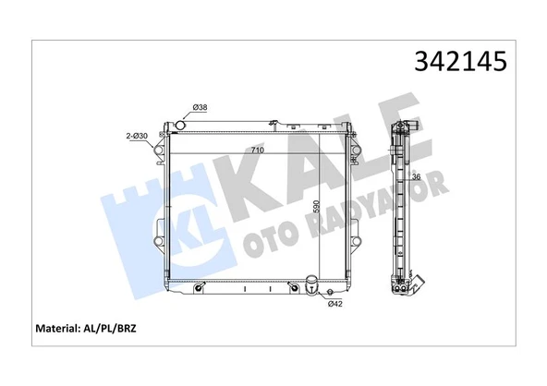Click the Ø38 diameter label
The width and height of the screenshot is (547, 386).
(x=201, y=108)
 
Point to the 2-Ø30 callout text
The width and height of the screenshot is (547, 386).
(x=138, y=137)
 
